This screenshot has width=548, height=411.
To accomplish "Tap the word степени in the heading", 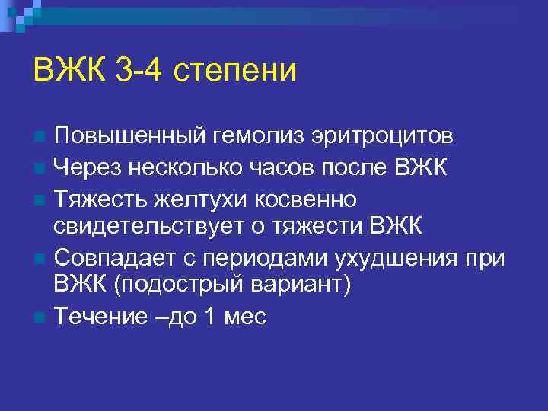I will tap(235, 72).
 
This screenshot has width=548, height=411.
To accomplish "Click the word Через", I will tap(88, 167).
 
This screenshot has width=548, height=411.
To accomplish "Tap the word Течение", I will tap(97, 317).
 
